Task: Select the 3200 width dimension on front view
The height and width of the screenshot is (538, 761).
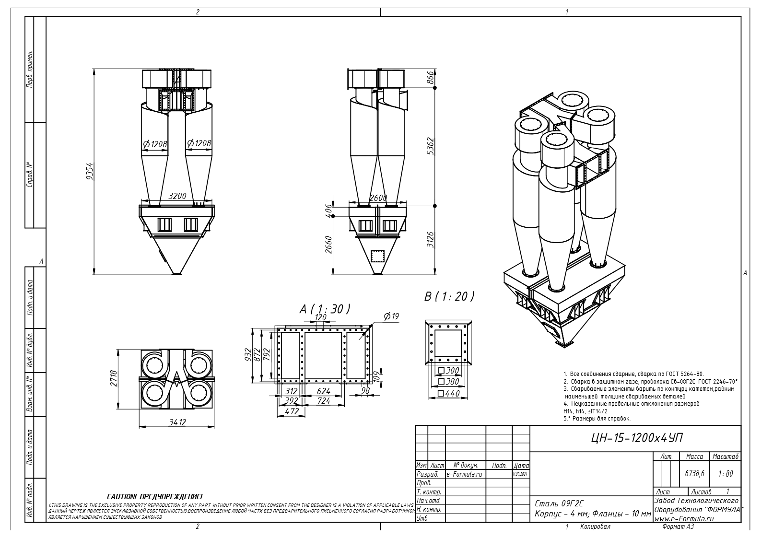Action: [x=177, y=196]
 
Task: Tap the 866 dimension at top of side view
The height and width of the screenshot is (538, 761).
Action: [x=430, y=78]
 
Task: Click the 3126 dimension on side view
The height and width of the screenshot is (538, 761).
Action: [x=430, y=239]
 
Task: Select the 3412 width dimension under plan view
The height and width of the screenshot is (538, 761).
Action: [x=177, y=422]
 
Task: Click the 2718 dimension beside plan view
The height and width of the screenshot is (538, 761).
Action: [x=114, y=380]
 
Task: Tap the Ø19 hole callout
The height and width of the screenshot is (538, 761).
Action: [x=391, y=316]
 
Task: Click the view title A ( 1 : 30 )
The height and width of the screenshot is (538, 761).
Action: [x=325, y=309]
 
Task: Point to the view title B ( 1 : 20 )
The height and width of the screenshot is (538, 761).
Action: [x=449, y=297]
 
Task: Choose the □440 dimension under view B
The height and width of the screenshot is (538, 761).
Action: [x=449, y=394]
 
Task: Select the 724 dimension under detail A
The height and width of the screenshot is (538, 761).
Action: [x=324, y=401]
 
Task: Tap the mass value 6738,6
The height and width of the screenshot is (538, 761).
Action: [x=694, y=473]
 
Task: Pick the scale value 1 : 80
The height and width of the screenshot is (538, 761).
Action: [x=726, y=473]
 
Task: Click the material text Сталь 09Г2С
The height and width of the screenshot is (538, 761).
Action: [x=559, y=504]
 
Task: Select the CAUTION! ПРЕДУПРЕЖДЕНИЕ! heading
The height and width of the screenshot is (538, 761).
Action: [x=154, y=497]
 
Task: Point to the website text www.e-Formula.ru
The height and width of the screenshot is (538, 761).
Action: [x=684, y=518]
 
